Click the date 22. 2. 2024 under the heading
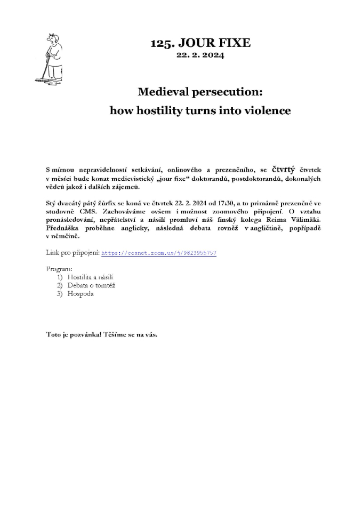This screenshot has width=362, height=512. pos(200,55)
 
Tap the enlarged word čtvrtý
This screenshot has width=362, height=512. pos(284,170)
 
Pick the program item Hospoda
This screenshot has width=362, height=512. pos(81,294)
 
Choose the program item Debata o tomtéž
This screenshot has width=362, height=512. pos(91,285)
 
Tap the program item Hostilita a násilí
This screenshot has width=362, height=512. pos(90,277)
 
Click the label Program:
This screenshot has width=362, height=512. pos(60,268)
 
